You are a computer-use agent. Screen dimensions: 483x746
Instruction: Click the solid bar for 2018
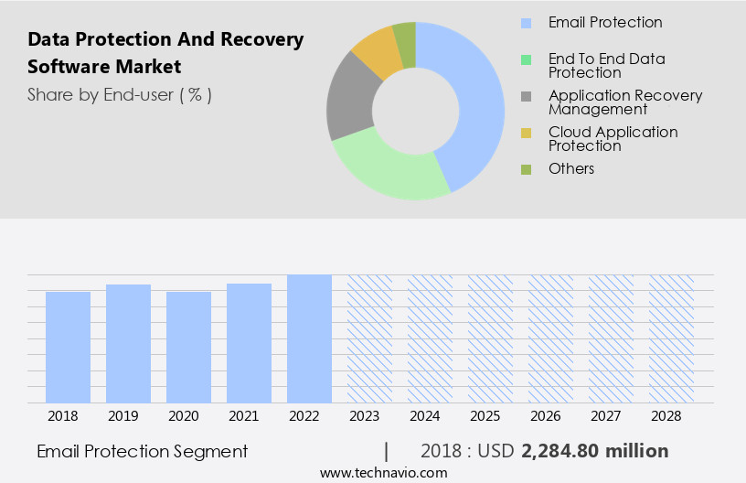[x=69, y=348]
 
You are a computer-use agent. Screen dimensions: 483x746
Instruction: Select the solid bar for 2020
[x=189, y=348]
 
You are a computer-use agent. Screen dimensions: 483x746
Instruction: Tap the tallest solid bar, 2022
[x=309, y=338]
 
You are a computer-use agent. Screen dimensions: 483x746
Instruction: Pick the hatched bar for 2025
[x=490, y=338]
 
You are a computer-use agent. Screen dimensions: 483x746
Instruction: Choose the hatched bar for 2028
[x=671, y=338]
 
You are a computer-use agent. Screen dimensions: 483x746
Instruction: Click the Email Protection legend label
[x=605, y=23]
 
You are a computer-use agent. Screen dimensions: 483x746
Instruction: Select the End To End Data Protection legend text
[x=606, y=66]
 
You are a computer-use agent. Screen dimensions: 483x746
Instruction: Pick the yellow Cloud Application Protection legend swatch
[x=527, y=134]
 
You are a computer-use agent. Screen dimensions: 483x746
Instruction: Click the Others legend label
[x=571, y=169]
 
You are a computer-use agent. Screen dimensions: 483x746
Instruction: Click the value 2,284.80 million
[x=594, y=451]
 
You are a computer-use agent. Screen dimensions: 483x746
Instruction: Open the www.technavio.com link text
[x=383, y=472]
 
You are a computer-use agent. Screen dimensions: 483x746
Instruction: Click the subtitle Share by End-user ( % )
[x=120, y=94]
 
